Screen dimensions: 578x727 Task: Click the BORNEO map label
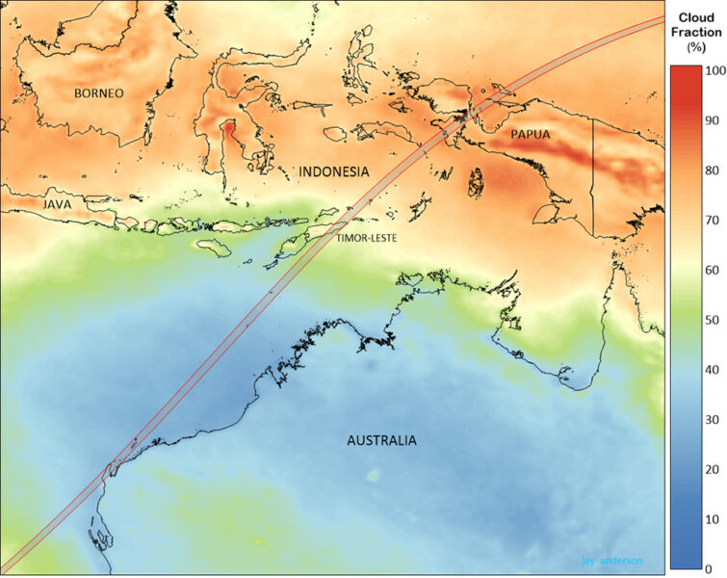point(99,93)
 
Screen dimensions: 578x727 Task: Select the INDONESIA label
point(333,171)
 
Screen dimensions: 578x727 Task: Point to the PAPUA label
point(531,134)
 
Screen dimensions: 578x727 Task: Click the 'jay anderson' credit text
point(611,560)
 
